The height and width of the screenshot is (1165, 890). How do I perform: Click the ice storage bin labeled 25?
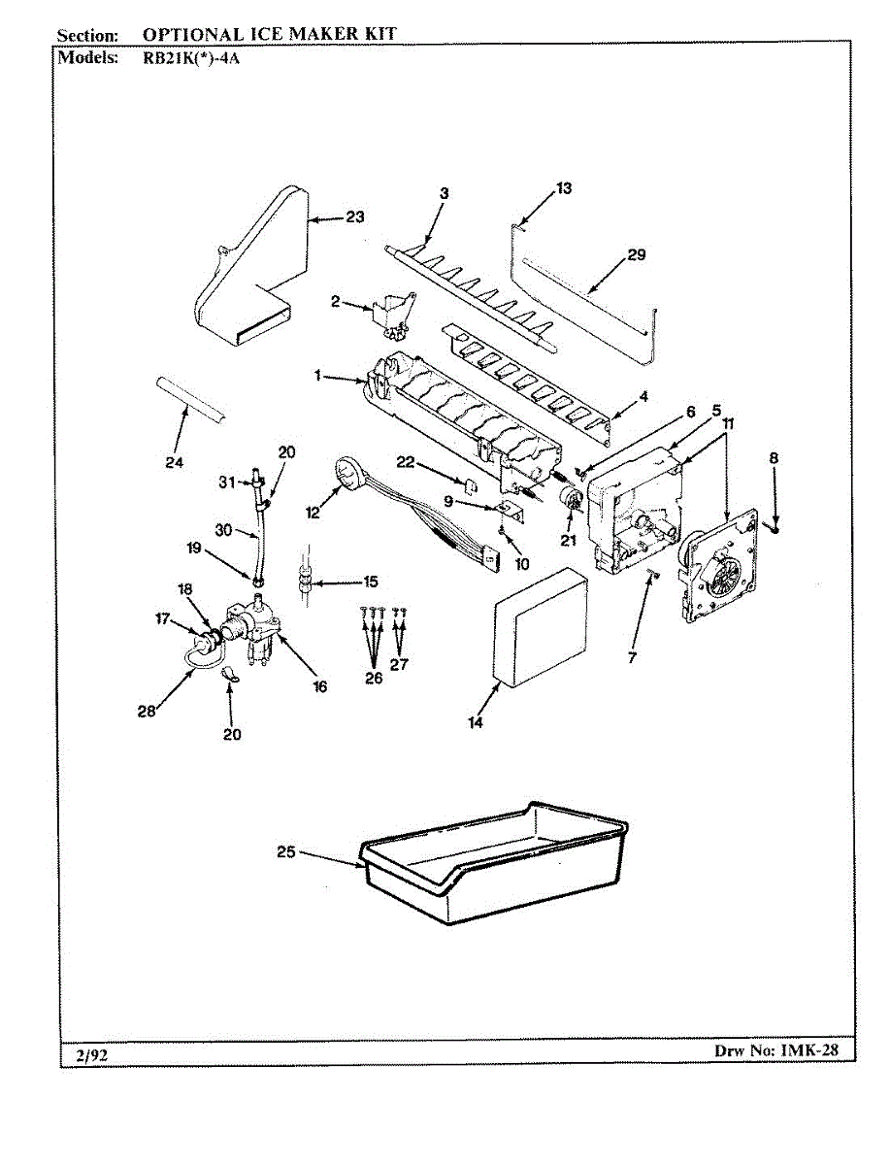pyautogui.click(x=495, y=864)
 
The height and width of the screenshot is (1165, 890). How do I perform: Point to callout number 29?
pyautogui.click(x=636, y=255)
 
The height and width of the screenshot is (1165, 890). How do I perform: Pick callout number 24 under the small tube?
pyautogui.click(x=174, y=462)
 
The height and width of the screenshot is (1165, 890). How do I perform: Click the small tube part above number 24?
pyautogui.click(x=191, y=398)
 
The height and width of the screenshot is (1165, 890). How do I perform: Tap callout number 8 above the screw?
pyautogui.click(x=774, y=457)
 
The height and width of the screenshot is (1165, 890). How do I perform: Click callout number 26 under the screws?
pyautogui.click(x=374, y=678)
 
